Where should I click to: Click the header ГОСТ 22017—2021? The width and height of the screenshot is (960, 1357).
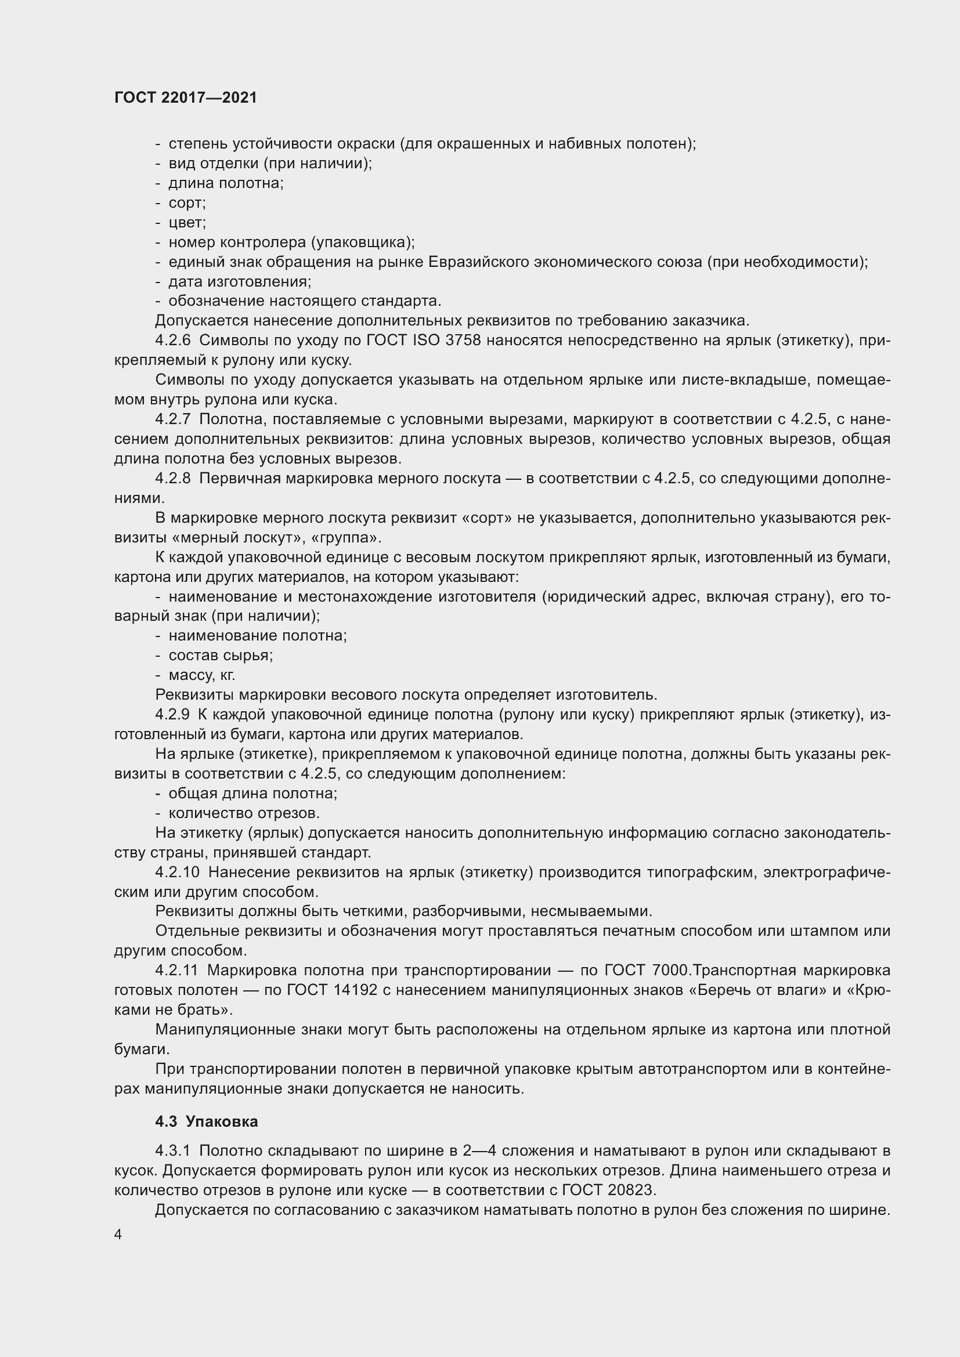tap(186, 98)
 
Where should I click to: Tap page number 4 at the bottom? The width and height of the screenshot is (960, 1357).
tap(118, 1235)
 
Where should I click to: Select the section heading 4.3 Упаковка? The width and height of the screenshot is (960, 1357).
tap(206, 1122)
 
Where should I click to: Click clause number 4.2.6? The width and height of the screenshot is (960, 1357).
tap(173, 341)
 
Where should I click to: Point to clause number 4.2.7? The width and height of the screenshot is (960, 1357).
tap(173, 419)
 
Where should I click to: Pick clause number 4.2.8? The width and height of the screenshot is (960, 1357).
tap(173, 478)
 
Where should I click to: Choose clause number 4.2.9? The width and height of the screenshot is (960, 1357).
tap(172, 715)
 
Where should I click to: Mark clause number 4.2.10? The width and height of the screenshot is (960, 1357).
tap(178, 873)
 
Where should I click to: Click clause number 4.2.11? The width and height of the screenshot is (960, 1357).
tap(176, 971)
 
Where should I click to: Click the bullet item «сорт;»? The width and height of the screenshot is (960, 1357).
tap(187, 203)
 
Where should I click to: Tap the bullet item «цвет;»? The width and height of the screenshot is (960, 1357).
tap(187, 223)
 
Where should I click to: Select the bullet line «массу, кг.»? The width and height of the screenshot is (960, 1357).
tap(201, 675)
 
